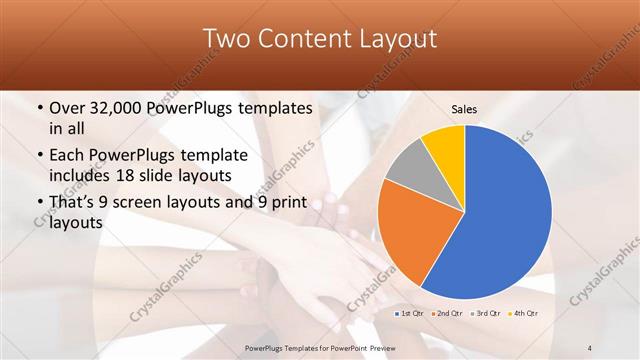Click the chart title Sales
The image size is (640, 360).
[x=463, y=108]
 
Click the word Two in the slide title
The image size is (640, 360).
[x=225, y=39]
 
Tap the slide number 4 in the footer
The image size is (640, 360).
[x=590, y=347]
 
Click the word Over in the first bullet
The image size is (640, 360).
[x=66, y=108]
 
